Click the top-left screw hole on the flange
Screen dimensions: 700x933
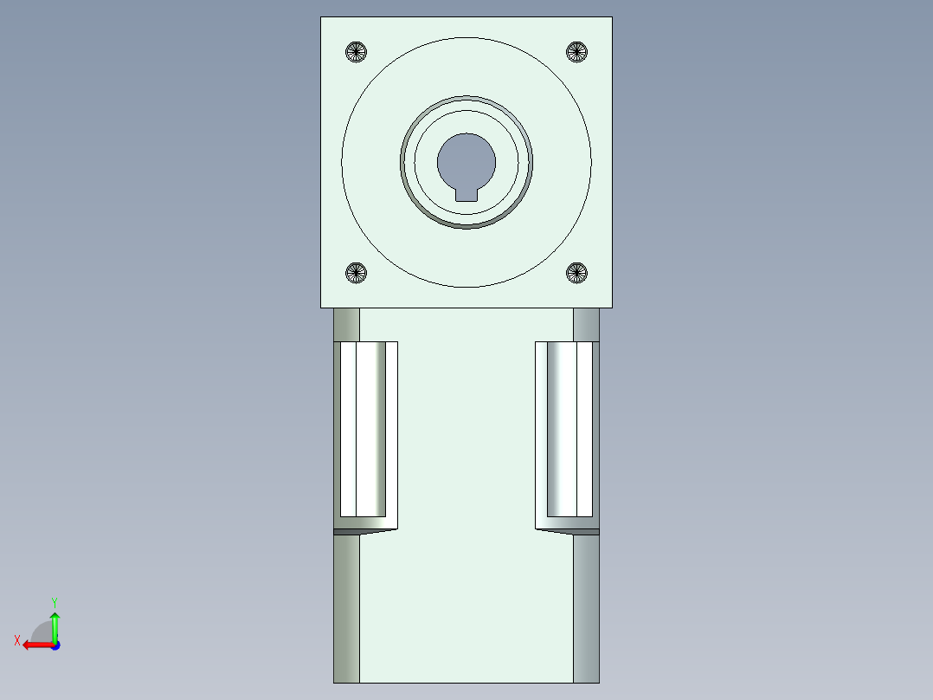tap(356, 52)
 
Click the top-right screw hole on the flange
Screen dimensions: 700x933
tap(576, 52)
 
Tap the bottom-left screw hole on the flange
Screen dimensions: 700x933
tap(356, 273)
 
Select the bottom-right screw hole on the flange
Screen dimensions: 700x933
tap(576, 273)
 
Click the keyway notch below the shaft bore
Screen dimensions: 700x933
tap(466, 194)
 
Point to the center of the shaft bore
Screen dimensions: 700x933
tap(466, 162)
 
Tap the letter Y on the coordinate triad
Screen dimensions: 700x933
tap(54, 601)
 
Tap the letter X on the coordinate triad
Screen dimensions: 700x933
tap(17, 640)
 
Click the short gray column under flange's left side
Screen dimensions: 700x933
tap(346, 325)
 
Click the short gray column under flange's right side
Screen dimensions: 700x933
tap(586, 325)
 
